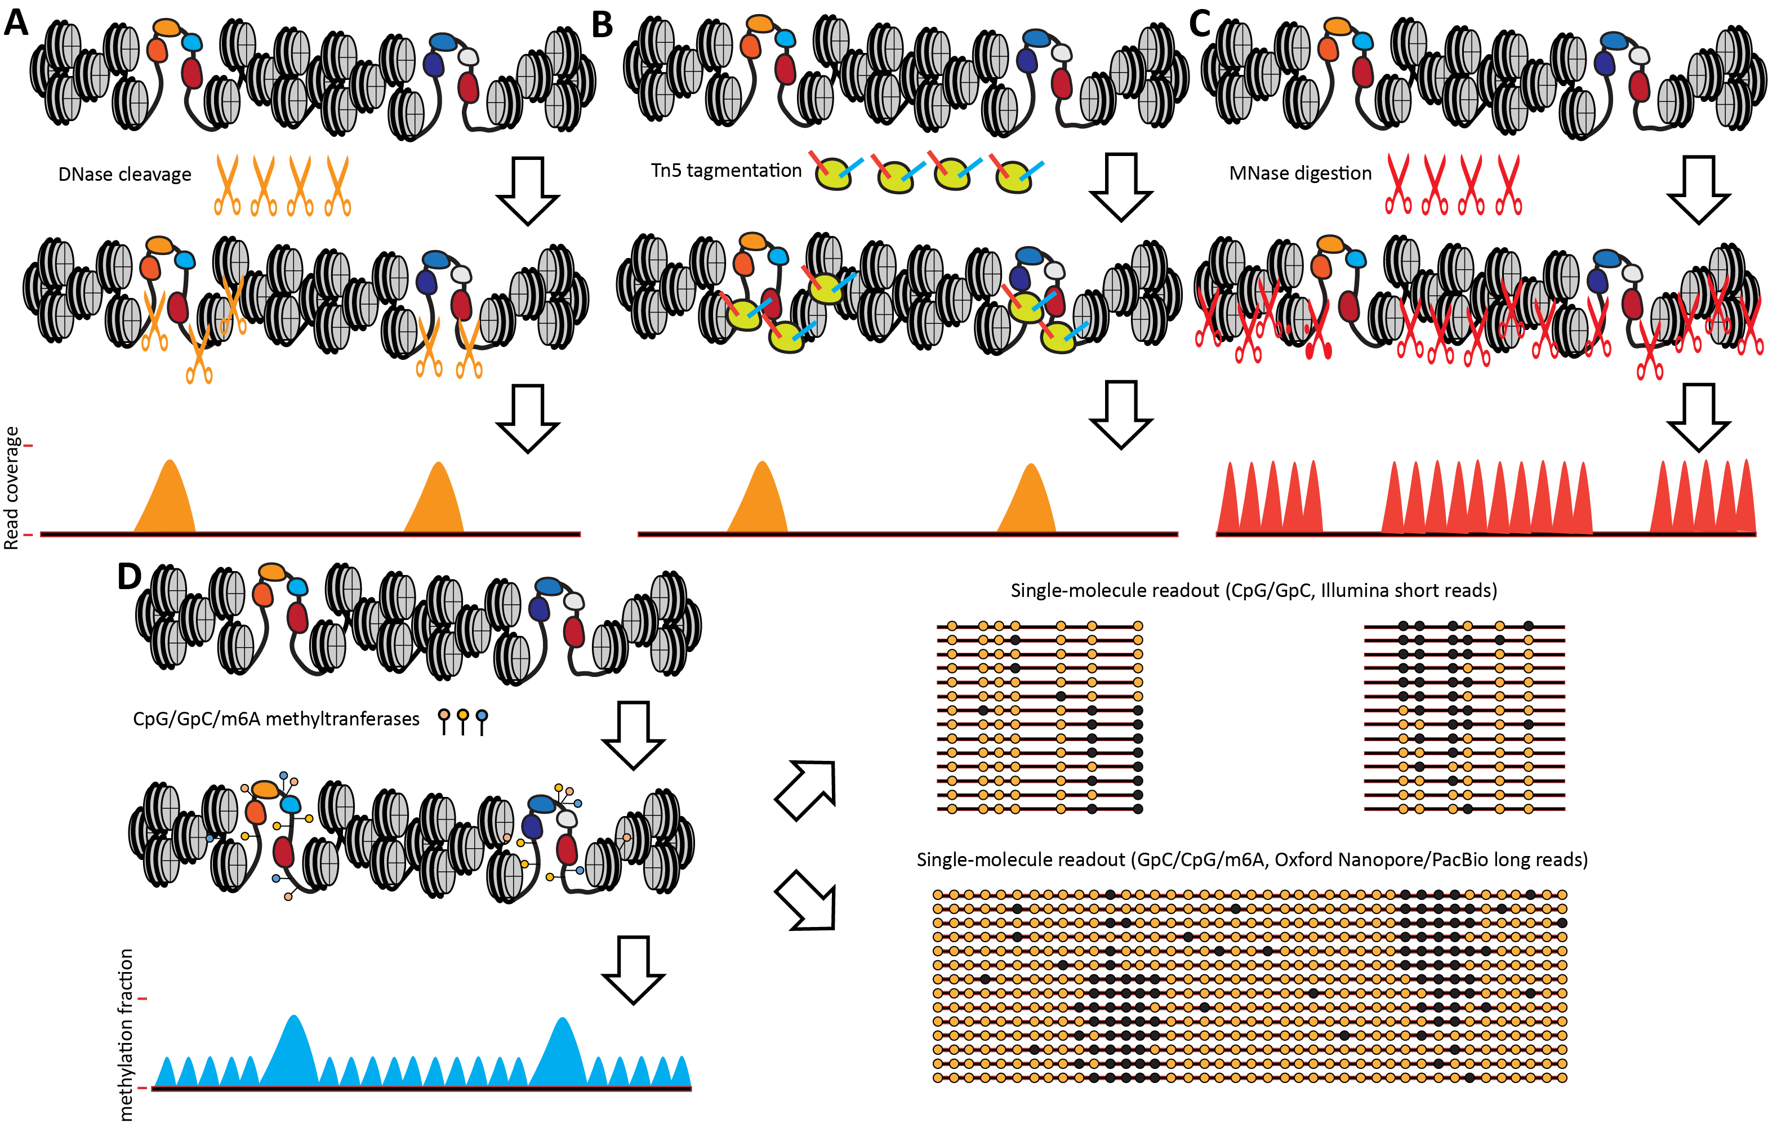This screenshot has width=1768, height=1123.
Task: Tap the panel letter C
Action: pos(1200,24)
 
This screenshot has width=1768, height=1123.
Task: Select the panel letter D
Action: pos(129,576)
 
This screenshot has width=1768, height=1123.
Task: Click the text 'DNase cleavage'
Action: pos(125,175)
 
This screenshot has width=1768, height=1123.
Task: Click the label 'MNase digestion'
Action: pos(1301,173)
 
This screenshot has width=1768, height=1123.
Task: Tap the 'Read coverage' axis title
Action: pos(12,488)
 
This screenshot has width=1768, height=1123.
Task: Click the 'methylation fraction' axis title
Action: pos(126,1035)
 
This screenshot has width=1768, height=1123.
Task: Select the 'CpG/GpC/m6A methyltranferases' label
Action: pos(276,719)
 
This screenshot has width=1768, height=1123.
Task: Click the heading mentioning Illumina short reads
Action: pos(1254,590)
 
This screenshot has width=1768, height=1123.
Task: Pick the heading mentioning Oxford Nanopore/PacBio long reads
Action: pos(1252,859)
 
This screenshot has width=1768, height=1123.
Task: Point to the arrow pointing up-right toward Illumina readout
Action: pos(805,791)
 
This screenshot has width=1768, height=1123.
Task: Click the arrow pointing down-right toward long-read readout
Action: pos(805,901)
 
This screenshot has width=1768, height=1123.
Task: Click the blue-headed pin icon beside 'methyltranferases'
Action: pos(482,722)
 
